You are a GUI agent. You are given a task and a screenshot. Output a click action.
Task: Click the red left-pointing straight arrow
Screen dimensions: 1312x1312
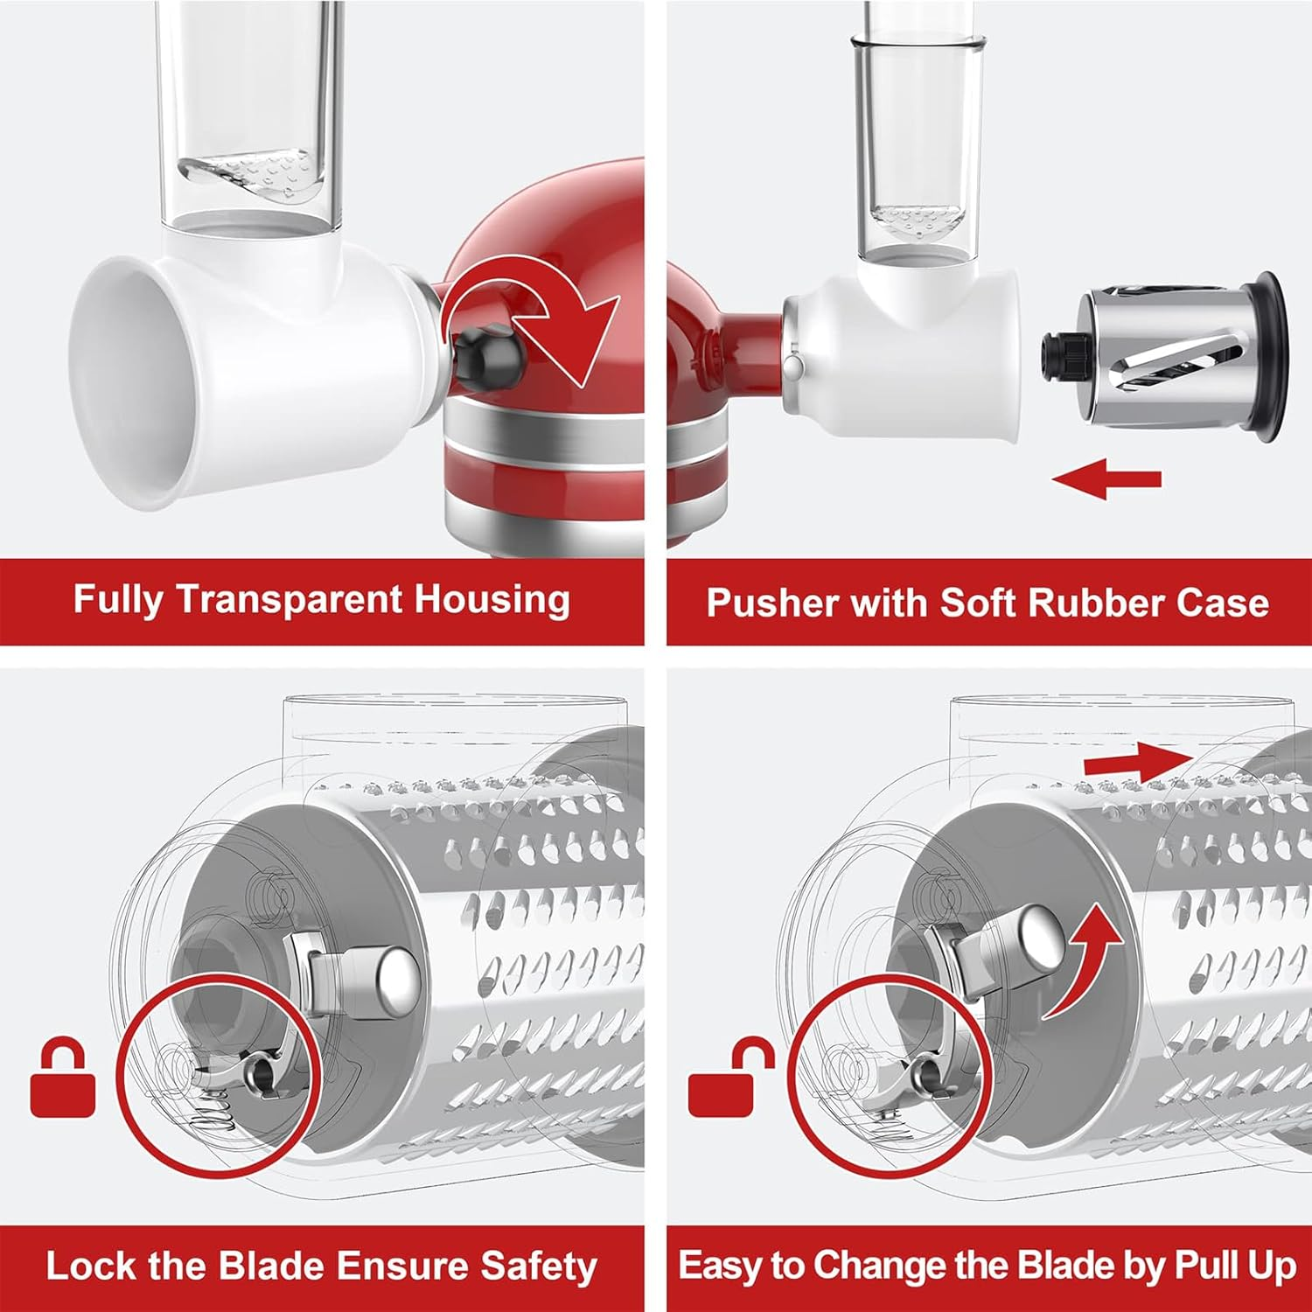click(x=1106, y=479)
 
